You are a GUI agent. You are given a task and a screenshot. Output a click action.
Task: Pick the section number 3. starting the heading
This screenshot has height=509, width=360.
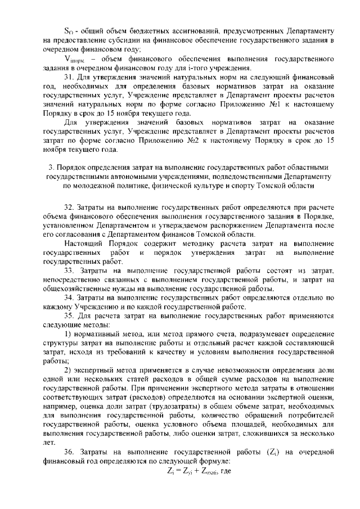pyautogui.click(x=51, y=167)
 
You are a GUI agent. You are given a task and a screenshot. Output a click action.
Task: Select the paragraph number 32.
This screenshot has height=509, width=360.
pyautogui.click(x=69, y=209)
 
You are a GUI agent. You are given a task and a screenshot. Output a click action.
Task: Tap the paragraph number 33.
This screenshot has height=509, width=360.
pyautogui.click(x=69, y=271)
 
